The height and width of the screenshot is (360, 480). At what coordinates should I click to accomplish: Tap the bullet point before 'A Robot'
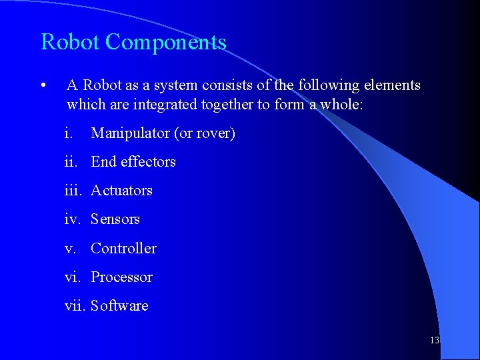click(x=43, y=86)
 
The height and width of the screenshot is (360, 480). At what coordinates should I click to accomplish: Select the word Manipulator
click(x=130, y=133)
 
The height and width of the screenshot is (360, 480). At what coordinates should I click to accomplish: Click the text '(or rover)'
click(x=205, y=133)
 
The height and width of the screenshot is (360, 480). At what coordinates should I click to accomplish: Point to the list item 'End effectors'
click(x=133, y=162)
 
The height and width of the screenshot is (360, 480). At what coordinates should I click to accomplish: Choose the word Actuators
click(x=121, y=191)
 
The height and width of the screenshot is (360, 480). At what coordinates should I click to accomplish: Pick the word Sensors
click(x=115, y=219)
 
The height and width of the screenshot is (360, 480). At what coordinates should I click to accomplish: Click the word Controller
click(x=123, y=249)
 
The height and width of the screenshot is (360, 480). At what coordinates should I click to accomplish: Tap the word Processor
click(x=121, y=277)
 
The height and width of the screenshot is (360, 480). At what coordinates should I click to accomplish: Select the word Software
click(x=119, y=306)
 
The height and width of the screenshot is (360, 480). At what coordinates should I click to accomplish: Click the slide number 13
click(x=435, y=340)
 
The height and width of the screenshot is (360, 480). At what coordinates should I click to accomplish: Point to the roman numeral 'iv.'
click(x=73, y=219)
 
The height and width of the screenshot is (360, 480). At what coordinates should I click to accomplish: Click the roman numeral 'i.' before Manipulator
click(x=69, y=133)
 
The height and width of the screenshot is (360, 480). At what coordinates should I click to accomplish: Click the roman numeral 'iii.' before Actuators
click(x=75, y=191)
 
